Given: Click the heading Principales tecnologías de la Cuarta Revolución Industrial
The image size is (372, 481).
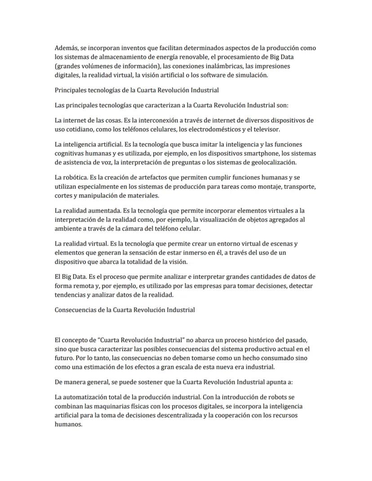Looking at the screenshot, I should (137, 90).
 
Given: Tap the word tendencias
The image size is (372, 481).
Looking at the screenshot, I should (72, 295).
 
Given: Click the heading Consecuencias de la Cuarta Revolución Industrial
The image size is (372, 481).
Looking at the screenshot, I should (124, 310).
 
